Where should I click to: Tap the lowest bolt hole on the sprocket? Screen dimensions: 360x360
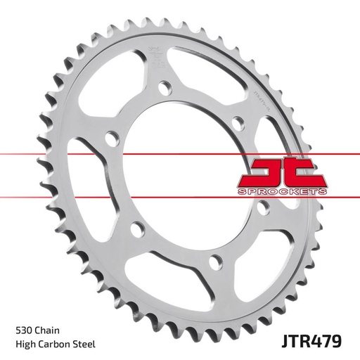[214, 265]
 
